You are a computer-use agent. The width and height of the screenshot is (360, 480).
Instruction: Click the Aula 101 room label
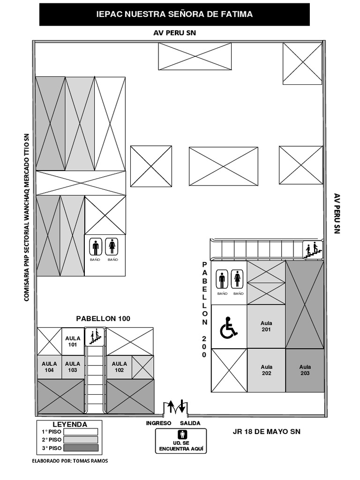(73, 341)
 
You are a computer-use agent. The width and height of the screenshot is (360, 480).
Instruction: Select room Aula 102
(119, 367)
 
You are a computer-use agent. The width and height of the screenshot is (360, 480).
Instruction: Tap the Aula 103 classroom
(73, 367)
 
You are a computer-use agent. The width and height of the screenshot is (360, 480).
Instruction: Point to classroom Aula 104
(49, 367)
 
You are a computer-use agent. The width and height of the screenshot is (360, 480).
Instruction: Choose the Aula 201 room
(266, 326)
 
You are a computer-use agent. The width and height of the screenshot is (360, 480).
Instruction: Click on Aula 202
(266, 370)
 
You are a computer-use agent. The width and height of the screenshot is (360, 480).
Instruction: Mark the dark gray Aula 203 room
(305, 370)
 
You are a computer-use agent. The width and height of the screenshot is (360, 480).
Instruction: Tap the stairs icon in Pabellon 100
(96, 337)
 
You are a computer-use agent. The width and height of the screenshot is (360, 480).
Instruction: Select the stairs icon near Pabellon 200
(313, 249)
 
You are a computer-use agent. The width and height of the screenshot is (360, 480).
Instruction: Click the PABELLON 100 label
(103, 319)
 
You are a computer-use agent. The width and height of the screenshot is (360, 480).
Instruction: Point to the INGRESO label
(159, 423)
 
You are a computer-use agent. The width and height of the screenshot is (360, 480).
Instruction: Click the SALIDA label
(190, 423)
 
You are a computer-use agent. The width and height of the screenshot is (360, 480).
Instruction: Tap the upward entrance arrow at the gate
(171, 406)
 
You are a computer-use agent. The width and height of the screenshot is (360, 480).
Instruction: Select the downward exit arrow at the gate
(182, 406)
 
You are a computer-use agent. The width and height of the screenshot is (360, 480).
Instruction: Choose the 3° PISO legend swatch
(81, 448)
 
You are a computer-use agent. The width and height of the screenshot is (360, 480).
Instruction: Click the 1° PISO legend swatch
(81, 432)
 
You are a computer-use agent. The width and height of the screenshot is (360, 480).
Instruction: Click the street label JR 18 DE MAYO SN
(266, 432)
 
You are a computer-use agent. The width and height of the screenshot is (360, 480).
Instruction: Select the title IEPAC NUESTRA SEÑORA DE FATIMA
(174, 15)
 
